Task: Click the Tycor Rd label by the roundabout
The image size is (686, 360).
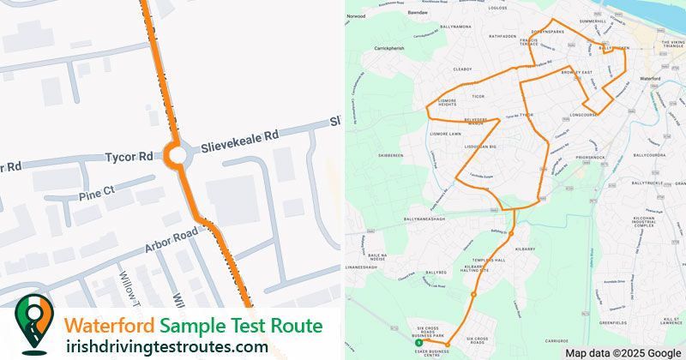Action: tap(128, 157)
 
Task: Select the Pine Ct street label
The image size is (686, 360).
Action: tap(96, 188)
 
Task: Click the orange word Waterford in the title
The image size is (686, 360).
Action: tap(111, 326)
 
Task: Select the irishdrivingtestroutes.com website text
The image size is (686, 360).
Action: tap(167, 346)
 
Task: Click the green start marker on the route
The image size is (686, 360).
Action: tap(418, 342)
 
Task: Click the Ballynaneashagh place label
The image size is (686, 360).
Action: tap(418, 219)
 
